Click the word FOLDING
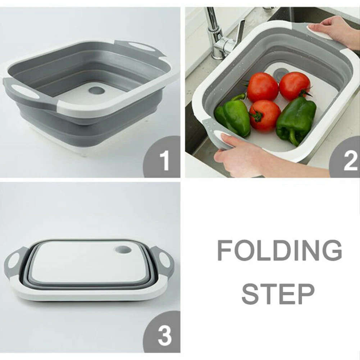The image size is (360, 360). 279,250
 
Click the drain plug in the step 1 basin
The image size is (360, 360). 96,90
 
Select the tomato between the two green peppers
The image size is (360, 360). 264,115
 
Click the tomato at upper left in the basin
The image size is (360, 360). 262,87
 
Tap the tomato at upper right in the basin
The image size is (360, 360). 295,86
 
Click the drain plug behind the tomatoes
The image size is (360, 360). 279,73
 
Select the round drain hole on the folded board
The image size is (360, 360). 123,249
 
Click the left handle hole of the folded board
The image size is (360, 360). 14,260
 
